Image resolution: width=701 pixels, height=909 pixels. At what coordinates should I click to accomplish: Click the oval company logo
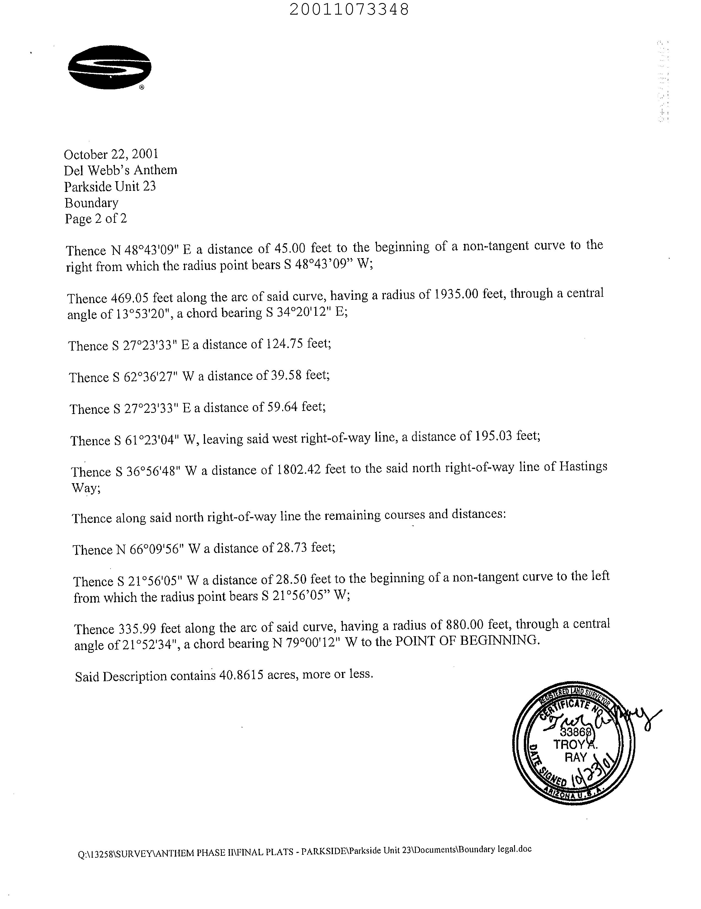tap(109, 67)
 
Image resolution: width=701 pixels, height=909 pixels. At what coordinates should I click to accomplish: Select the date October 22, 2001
tap(111, 154)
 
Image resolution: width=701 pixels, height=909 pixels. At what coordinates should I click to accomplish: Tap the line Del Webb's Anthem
tap(121, 170)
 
